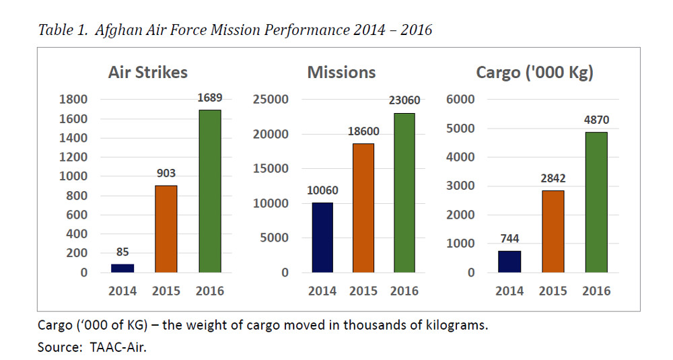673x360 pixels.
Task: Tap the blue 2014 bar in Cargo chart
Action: click(x=509, y=262)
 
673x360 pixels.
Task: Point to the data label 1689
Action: click(x=210, y=98)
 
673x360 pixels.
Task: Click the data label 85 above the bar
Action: click(x=122, y=253)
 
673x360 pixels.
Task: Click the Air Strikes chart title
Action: click(x=148, y=73)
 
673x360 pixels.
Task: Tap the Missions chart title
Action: click(x=341, y=73)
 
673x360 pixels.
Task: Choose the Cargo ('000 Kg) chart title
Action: click(x=534, y=73)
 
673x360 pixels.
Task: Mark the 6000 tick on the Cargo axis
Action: click(x=461, y=100)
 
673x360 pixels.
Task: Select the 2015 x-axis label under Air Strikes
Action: click(x=166, y=291)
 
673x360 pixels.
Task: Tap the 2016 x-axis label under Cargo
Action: click(x=596, y=291)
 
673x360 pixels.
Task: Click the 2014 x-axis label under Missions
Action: click(x=322, y=291)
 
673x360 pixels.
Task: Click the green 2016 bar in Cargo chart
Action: click(x=596, y=202)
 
